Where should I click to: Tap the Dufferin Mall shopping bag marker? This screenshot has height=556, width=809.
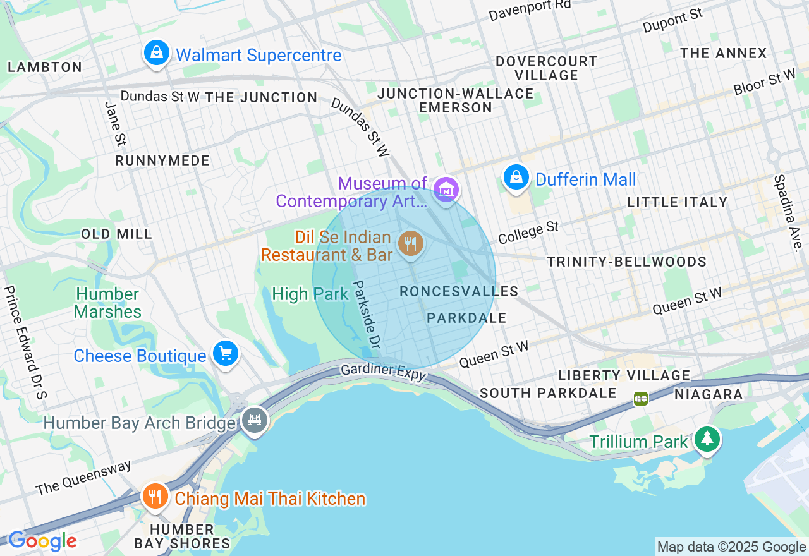point(516,178)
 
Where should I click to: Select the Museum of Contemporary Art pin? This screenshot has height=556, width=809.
point(446,190)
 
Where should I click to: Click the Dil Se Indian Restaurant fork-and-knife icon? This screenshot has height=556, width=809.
point(411,244)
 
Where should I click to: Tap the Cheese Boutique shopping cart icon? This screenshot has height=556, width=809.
point(225,354)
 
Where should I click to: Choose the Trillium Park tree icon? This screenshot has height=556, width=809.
point(707,438)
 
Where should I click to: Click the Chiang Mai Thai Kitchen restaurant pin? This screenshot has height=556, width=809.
point(154,497)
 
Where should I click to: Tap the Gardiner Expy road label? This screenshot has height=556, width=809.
point(384,372)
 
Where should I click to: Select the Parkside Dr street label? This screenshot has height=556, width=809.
point(367,315)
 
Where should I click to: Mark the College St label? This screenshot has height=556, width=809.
point(528,232)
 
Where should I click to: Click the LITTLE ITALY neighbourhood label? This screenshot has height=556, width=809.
point(677,202)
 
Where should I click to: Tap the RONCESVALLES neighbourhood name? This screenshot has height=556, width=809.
point(459,291)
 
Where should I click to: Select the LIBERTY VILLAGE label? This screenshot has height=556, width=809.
point(624,375)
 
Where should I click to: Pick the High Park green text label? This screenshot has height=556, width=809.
point(310,294)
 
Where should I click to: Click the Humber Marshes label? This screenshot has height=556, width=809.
point(107,303)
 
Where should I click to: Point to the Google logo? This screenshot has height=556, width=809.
point(42,541)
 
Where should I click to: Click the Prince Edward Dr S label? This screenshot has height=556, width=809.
point(25,342)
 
